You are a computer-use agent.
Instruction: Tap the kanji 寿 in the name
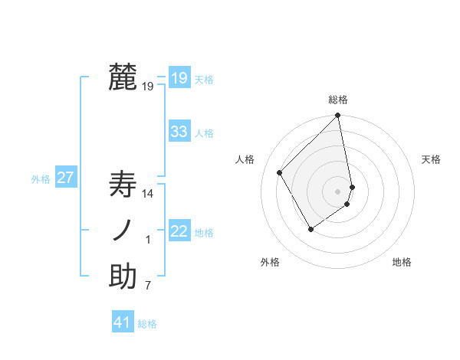123,185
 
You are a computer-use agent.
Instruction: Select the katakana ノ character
123,231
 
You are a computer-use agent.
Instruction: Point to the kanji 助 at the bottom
123,277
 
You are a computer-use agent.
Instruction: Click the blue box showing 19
179,78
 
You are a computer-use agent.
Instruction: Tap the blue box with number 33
179,132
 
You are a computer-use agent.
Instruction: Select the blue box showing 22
179,231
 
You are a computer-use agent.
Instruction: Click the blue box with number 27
65,178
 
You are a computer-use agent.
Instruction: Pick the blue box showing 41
123,322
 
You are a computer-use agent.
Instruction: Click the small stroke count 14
149,195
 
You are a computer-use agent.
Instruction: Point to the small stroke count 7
149,286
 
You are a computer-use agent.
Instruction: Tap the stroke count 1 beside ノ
149,241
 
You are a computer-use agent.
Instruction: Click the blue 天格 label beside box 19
204,80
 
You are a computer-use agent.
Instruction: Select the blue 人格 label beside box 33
204,133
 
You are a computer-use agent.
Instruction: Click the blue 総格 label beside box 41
147,324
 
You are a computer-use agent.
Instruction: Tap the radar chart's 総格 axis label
338,100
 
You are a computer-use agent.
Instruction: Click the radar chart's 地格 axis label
402,262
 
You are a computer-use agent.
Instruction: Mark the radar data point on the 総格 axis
338,116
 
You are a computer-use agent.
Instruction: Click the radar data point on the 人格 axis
280,172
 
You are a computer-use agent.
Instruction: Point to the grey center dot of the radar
338,191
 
